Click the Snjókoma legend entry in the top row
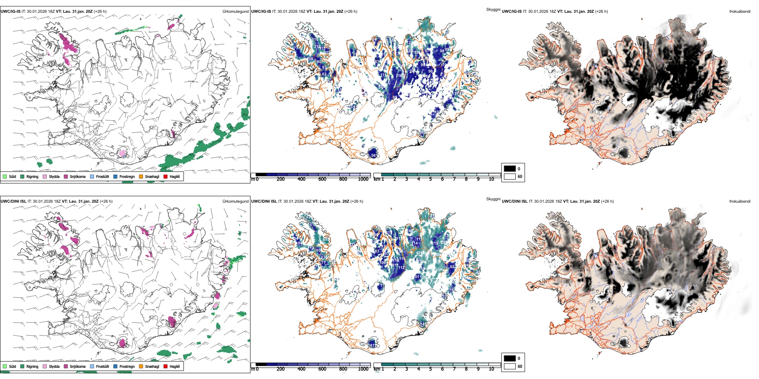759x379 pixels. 77,176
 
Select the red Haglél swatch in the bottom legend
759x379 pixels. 165,366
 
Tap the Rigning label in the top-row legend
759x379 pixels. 32,176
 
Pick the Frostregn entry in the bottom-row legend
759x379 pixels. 127,366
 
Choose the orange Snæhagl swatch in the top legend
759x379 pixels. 141,176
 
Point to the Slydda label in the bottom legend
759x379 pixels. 54,366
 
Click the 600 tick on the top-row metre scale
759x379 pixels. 322,179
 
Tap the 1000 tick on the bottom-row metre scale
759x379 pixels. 363,369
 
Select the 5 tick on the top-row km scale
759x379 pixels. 430,179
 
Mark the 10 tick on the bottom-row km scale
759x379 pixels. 491,369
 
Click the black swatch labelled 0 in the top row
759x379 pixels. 510,169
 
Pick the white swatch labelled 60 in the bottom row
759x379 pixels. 510,366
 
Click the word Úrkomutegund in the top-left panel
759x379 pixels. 235,12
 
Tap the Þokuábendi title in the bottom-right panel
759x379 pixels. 740,201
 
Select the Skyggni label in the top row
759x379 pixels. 493,9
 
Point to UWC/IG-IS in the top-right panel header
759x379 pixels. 512,12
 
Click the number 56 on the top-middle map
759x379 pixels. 374,156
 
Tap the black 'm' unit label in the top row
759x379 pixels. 252,179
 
